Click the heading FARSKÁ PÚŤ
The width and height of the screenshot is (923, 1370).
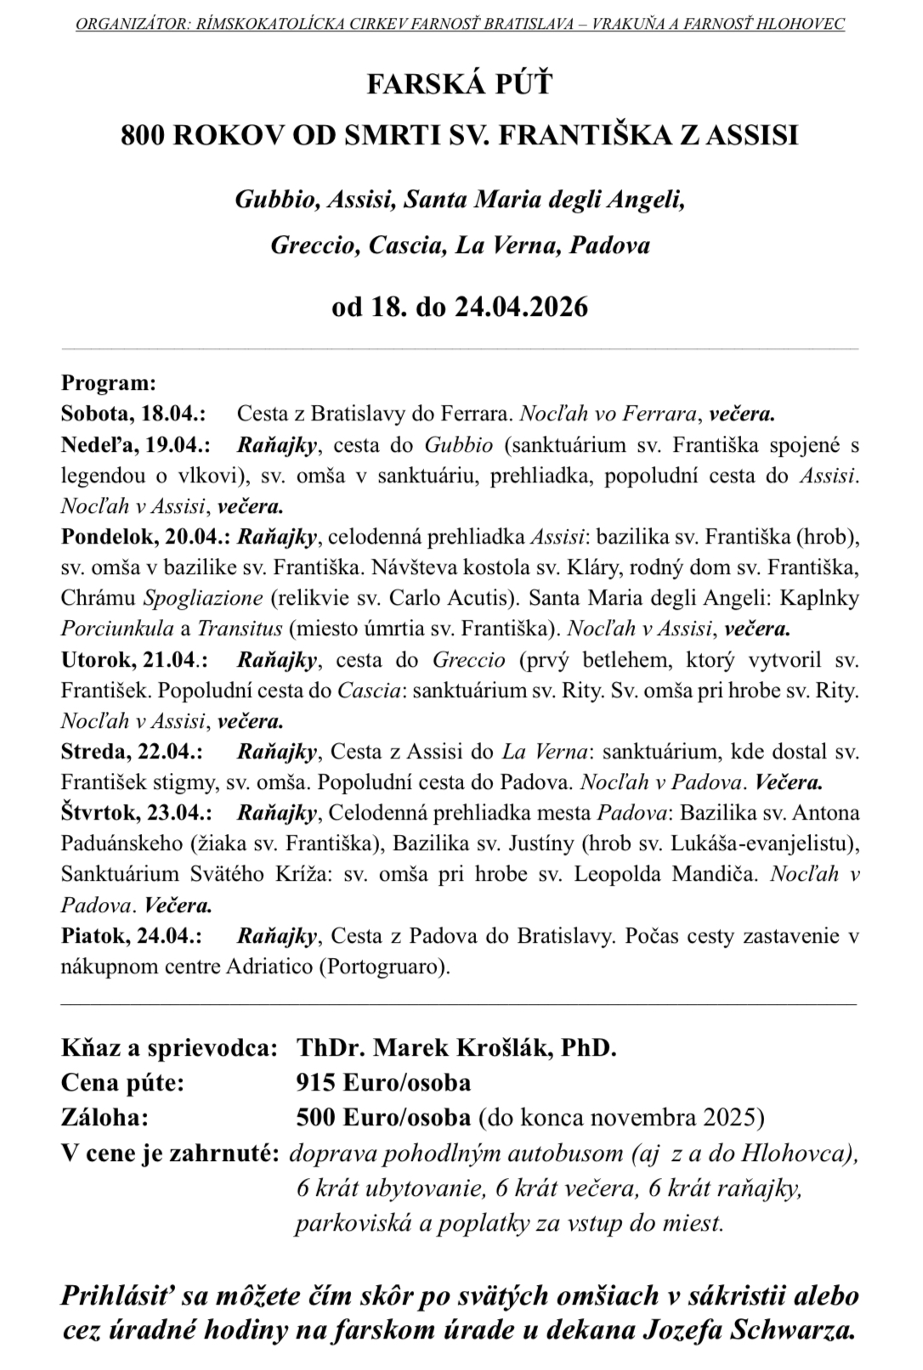460,84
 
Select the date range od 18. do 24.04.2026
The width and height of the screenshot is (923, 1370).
460,306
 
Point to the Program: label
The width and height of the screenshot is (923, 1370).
109,383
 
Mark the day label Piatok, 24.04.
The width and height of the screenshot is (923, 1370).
131,936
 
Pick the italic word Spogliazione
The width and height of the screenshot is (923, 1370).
203,598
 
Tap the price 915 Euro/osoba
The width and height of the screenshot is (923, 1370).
383,1083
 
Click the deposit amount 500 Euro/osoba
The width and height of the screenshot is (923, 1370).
383,1116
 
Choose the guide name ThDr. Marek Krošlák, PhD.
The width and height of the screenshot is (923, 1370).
456,1047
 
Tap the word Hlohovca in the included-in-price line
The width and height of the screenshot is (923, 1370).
796,1153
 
